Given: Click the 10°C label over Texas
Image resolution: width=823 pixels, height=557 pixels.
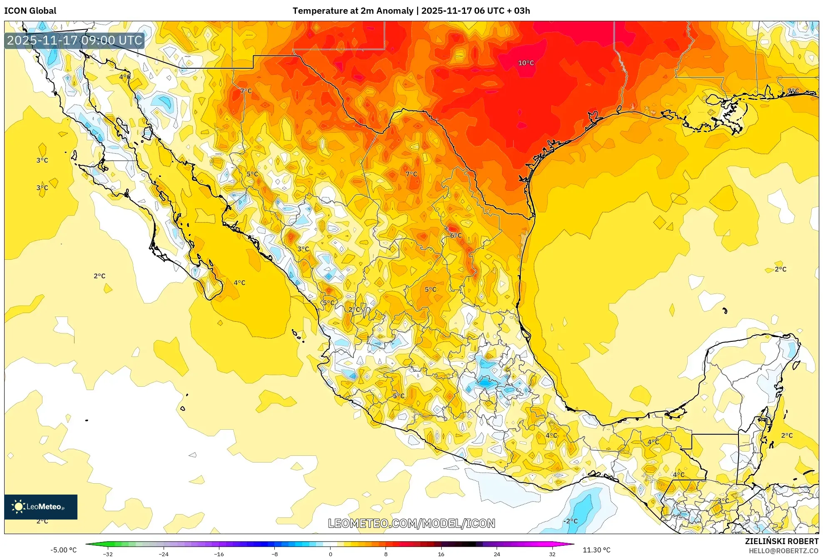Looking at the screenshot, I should pos(525,63).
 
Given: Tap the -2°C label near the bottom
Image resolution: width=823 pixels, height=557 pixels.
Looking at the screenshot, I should pos(570,521).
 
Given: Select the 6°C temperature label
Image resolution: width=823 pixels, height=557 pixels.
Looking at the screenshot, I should pos(456,235).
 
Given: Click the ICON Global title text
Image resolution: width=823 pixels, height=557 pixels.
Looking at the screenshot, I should pos(30,11).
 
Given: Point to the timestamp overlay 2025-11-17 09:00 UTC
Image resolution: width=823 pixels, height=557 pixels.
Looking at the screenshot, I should pos(75,40).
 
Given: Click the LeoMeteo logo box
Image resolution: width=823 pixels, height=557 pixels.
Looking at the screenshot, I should pos(41,507).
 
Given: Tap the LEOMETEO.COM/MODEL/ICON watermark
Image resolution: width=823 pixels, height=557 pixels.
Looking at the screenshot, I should pos(411,523).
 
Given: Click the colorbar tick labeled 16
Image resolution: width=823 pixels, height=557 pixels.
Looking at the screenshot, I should pos(441,554).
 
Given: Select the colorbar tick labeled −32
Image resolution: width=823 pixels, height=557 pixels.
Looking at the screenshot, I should pos(108,554).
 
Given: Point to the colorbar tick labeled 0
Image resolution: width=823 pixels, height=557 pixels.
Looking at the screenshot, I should pos(330,554).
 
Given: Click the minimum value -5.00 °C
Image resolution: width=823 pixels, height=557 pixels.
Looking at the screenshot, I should pos(63,550).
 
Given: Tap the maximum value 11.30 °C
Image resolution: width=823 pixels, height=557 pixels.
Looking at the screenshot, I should pos(596,550).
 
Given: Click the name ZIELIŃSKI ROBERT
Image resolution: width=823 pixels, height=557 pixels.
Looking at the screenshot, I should pos(781,541).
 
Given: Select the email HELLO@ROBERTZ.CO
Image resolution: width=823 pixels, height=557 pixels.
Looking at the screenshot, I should pos(783,551).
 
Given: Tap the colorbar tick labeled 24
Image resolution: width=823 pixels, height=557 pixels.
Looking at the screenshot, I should pos(497,554).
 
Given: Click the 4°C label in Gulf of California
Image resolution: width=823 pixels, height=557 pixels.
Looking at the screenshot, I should pos(239,283).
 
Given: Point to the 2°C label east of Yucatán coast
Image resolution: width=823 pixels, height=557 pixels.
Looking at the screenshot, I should pos(787,435).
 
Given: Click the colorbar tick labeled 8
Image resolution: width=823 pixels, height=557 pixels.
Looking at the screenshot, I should pos(385,554).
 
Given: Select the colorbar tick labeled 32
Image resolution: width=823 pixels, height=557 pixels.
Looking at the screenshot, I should pos(552,554).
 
